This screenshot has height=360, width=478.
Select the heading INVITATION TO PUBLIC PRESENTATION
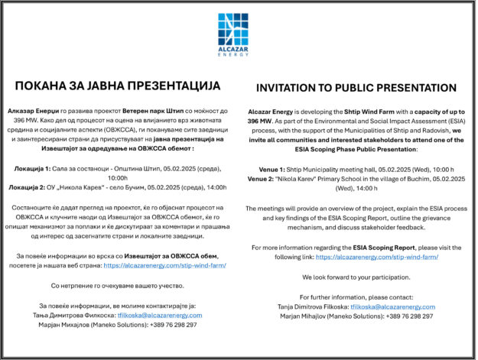(x=356, y=88)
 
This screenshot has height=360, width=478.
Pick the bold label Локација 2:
(x=31, y=186)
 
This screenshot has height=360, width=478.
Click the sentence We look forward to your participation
(x=356, y=276)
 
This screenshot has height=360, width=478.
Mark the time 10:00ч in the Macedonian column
(x=119, y=176)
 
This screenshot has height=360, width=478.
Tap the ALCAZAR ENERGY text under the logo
(x=238, y=53)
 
